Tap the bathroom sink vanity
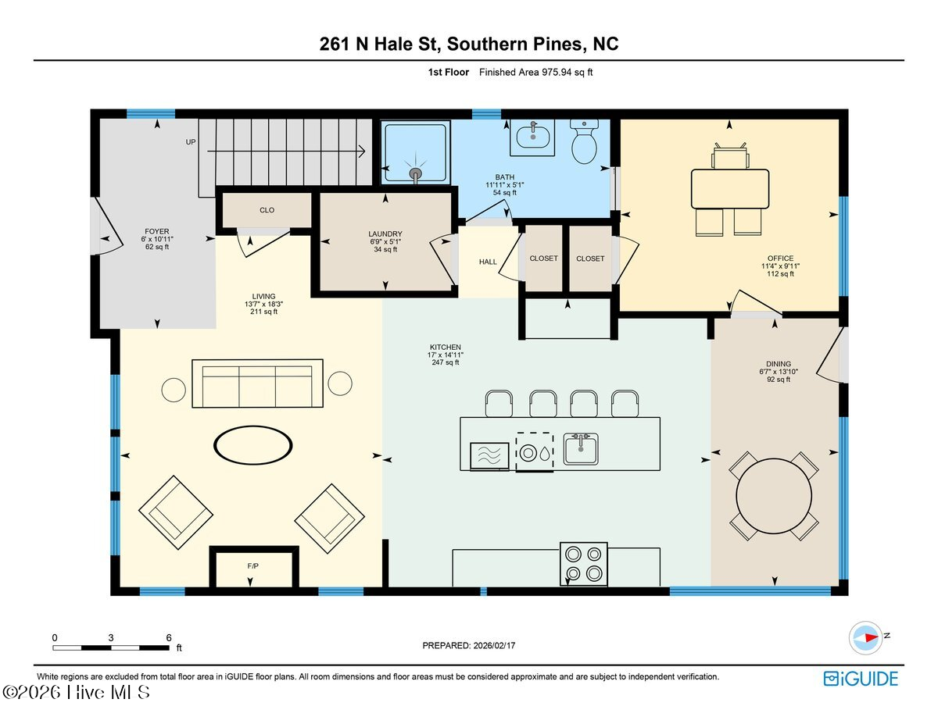pos(533,138)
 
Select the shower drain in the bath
pos(415,174)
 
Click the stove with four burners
pos(584,564)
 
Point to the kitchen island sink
pos(581,450)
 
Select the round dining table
pos(774,494)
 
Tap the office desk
pos(729,188)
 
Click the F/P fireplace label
pos(252,564)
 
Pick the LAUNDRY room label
pos(385,234)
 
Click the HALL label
pos(488,262)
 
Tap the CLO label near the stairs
pos(267,210)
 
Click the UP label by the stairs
pos(190,142)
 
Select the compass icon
pos(866,637)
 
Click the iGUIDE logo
pos(861,679)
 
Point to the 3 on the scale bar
pos(111,637)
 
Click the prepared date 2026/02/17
pos(469,645)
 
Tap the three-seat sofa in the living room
pos(258,383)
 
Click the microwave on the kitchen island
pos(489,456)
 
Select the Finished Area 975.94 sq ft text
pos(542,72)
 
